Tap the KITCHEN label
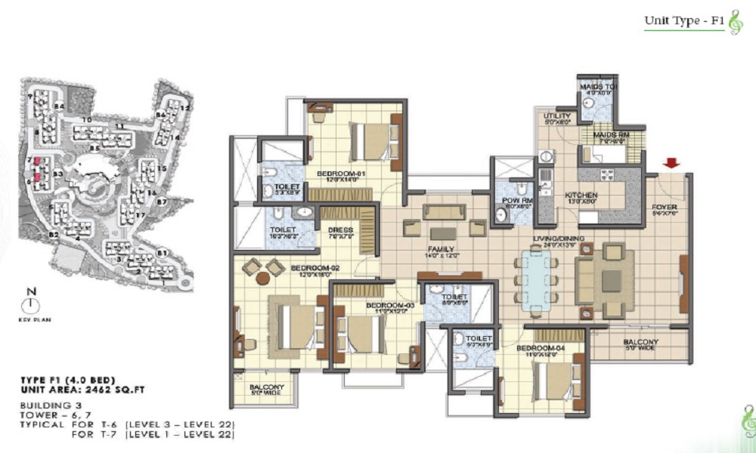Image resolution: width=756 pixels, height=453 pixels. [581, 196]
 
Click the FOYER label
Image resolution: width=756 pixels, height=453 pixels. [665, 205]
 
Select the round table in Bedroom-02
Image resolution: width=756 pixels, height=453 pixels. [262, 278]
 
